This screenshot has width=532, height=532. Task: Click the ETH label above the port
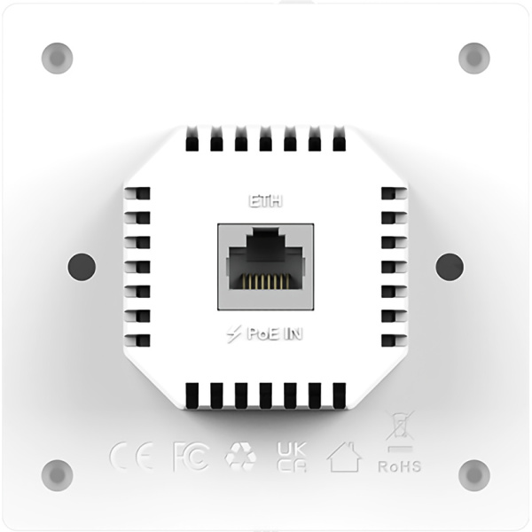coord(265,201)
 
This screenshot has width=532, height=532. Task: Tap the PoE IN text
coord(275,334)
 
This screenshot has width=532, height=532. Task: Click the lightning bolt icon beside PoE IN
coord(234,334)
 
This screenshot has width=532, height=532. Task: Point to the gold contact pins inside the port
coord(266,281)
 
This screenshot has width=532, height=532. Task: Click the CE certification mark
coord(131,456)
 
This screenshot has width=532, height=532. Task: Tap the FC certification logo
coord(191,457)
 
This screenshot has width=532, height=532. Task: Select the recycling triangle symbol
coord(240,456)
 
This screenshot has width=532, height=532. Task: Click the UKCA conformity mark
coord(292,457)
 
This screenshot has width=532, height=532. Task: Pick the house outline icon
coord(344,457)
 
